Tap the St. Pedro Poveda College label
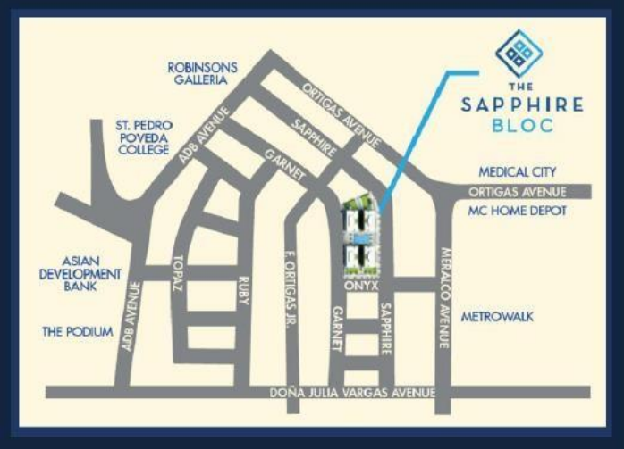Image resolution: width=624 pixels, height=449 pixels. [145, 137]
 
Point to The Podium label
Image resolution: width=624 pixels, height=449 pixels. [78, 332]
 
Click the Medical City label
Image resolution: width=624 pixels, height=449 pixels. [518, 171]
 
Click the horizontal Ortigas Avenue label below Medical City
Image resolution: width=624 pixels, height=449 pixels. [523, 192]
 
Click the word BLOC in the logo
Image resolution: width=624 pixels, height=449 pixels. [522, 126]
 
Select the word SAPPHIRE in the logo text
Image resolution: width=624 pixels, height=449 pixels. [522, 105]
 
